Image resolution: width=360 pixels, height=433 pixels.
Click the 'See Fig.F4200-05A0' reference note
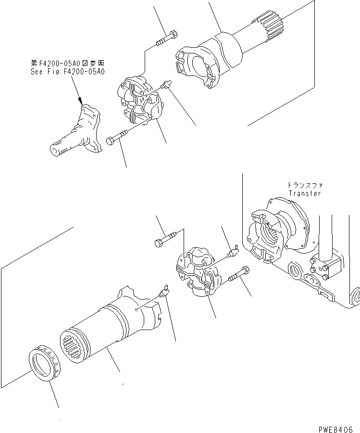coord(67,71)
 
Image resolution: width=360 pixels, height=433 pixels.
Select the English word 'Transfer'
coord(304,193)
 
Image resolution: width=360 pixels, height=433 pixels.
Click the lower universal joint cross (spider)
coord(195,272)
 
